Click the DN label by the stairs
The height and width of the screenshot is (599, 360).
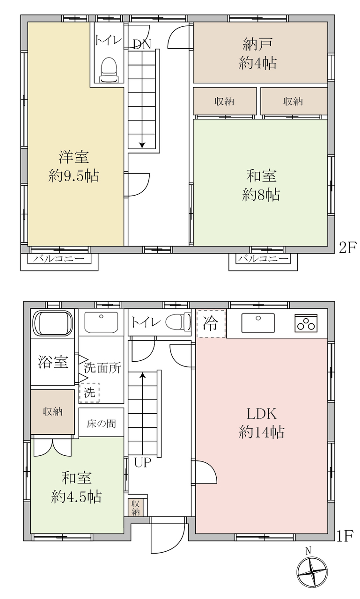pyautogui.click(x=142, y=44)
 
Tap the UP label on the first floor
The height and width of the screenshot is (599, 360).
pyautogui.click(x=143, y=462)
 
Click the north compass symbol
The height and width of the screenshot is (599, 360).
pyautogui.click(x=312, y=572)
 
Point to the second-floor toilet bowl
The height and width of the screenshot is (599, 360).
pyautogui.click(x=109, y=70)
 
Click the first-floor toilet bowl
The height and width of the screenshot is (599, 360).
pyautogui.click(x=178, y=321)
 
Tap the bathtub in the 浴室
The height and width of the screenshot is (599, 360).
pyautogui.click(x=52, y=323)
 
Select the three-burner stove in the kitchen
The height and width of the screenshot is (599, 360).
pyautogui.click(x=306, y=323)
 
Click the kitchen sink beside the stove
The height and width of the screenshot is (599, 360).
pyautogui.click(x=258, y=323)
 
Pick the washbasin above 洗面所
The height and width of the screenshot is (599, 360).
pyautogui.click(x=101, y=322)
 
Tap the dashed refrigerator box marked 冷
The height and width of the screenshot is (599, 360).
pyautogui.click(x=211, y=323)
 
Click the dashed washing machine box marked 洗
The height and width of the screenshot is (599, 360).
pyautogui.click(x=89, y=393)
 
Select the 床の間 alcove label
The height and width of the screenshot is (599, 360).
pyautogui.click(x=101, y=424)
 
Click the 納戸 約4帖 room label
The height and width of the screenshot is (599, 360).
pyautogui.click(x=257, y=54)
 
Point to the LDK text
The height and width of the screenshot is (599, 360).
pyautogui.click(x=261, y=414)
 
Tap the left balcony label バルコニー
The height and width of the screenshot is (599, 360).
pyautogui.click(x=59, y=259)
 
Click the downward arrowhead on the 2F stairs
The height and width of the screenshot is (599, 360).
pyautogui.click(x=142, y=145)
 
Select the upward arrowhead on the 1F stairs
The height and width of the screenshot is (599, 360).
pyautogui.click(x=143, y=375)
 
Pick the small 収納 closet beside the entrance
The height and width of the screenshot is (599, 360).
pyautogui.click(x=135, y=507)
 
